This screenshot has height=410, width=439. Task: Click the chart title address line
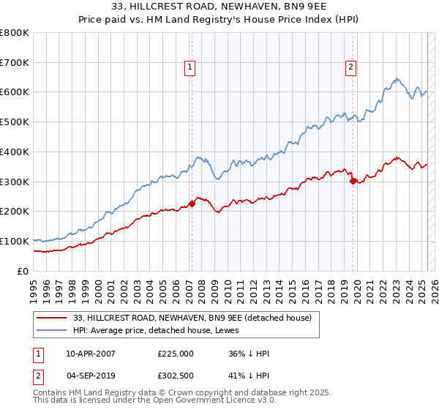point(219,8)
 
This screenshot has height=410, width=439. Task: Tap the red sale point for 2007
point(192,204)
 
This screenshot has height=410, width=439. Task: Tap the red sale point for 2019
point(353,180)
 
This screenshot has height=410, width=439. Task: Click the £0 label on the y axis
point(23,271)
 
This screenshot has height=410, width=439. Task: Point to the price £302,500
point(176,377)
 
